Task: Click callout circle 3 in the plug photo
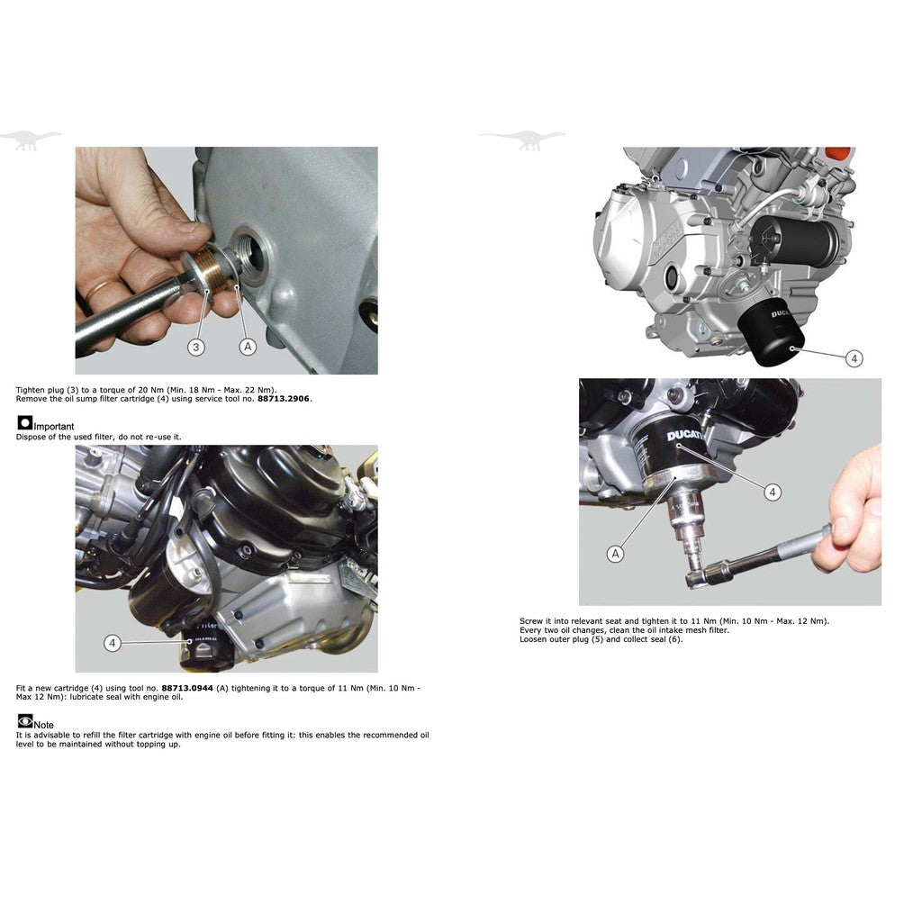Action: (x=196, y=346)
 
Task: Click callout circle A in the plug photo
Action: (x=248, y=346)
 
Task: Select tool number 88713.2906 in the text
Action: (x=284, y=398)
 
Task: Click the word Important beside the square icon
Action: (x=54, y=426)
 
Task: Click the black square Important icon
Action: (x=24, y=422)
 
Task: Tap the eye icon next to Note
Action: (x=24, y=720)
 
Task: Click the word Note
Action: (x=44, y=725)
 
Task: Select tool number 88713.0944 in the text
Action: (x=188, y=688)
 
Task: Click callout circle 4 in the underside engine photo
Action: (x=112, y=643)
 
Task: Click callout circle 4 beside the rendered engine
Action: (x=854, y=358)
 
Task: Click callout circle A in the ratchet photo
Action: (x=615, y=554)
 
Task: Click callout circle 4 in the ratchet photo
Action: (x=772, y=492)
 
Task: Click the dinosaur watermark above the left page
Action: (x=31, y=139)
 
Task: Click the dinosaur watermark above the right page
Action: (x=523, y=139)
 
